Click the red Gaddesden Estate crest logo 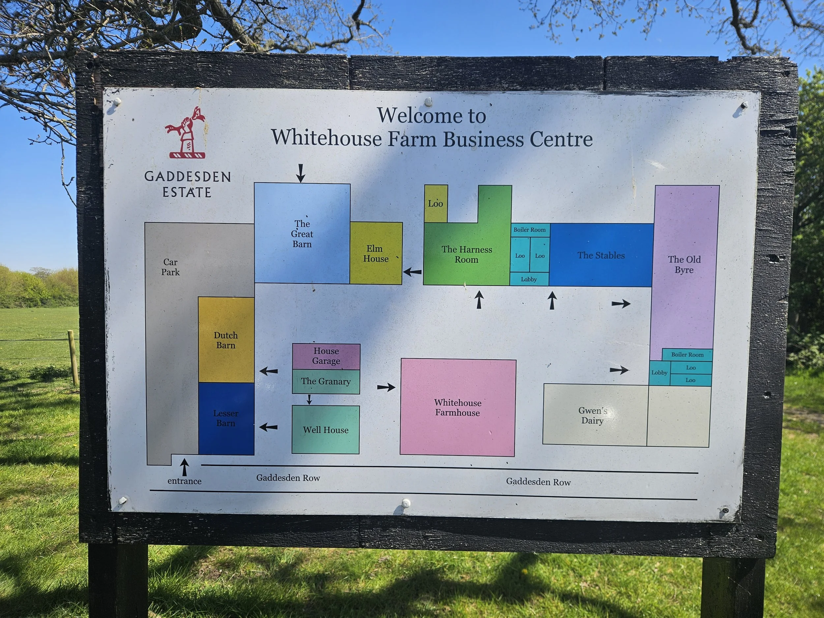185,133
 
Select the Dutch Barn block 226,340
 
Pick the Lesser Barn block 226,419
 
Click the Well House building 326,429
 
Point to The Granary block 326,381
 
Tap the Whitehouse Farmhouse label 457,407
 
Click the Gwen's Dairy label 592,415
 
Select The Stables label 601,255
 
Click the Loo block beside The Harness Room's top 436,203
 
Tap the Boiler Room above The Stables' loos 529,230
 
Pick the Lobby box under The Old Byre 659,372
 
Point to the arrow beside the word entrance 184,467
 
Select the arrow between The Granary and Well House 309,399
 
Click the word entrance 184,481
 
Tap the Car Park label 170,267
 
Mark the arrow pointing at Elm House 412,272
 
